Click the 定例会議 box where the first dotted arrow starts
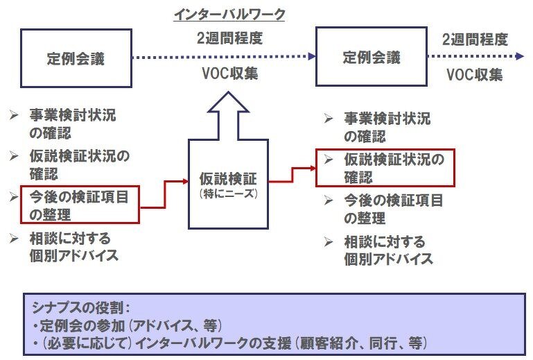tap(76, 58)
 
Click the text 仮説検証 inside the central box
tap(228, 179)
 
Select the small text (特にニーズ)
tap(228, 194)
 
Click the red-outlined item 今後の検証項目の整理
tap(80, 205)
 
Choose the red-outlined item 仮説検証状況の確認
tap(385, 167)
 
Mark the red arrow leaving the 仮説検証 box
tap(292, 173)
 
